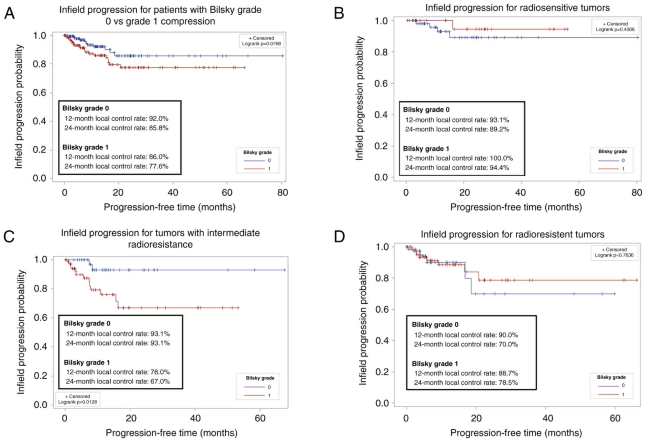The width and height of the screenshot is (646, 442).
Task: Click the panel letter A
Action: [x=9, y=13]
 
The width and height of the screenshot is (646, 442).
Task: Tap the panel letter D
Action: [x=339, y=237]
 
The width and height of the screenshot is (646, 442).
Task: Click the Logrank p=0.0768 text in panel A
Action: [x=261, y=44]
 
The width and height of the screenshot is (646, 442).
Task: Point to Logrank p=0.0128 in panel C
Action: [x=78, y=402]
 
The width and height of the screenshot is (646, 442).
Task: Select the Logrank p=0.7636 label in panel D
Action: [x=614, y=255]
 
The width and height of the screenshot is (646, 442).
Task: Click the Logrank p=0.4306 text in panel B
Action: [x=615, y=29]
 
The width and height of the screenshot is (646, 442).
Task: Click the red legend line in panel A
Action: [x=254, y=169]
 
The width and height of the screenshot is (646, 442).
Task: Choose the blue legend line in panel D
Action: [x=608, y=386]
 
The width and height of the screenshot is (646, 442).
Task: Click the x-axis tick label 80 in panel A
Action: [x=282, y=193]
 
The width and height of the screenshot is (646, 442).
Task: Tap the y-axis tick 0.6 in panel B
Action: [x=381, y=83]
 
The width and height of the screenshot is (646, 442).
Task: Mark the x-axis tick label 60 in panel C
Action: [x=260, y=418]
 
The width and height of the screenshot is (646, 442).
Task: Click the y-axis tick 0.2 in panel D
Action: [x=382, y=372]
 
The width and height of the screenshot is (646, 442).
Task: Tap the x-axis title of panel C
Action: [x=171, y=433]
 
